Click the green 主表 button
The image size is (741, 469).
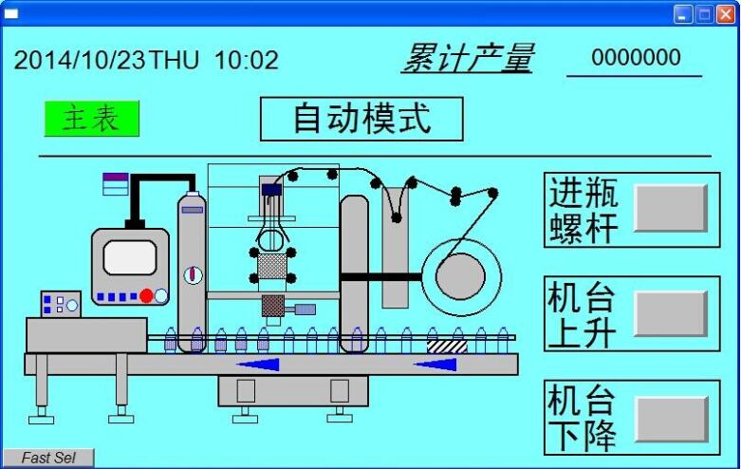pos(91,119)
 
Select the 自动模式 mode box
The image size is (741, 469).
pos(361,119)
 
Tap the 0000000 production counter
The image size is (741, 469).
pos(636,58)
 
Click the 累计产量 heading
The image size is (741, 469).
pos(467,58)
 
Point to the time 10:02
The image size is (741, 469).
pos(247,61)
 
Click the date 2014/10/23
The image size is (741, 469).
pos(80,61)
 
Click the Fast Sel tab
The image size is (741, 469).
pos(48,459)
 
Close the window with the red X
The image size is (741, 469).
pos(726,13)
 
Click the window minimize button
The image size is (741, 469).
pos(683,13)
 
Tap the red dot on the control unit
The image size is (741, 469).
pos(146,296)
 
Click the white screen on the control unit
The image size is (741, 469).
pos(129,257)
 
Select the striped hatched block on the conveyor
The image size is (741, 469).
pos(447,347)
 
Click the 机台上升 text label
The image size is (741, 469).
pos(582,314)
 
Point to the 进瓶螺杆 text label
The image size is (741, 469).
pos(584,210)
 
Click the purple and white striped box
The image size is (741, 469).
pos(115,182)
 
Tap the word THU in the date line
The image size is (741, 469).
pos(175,61)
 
